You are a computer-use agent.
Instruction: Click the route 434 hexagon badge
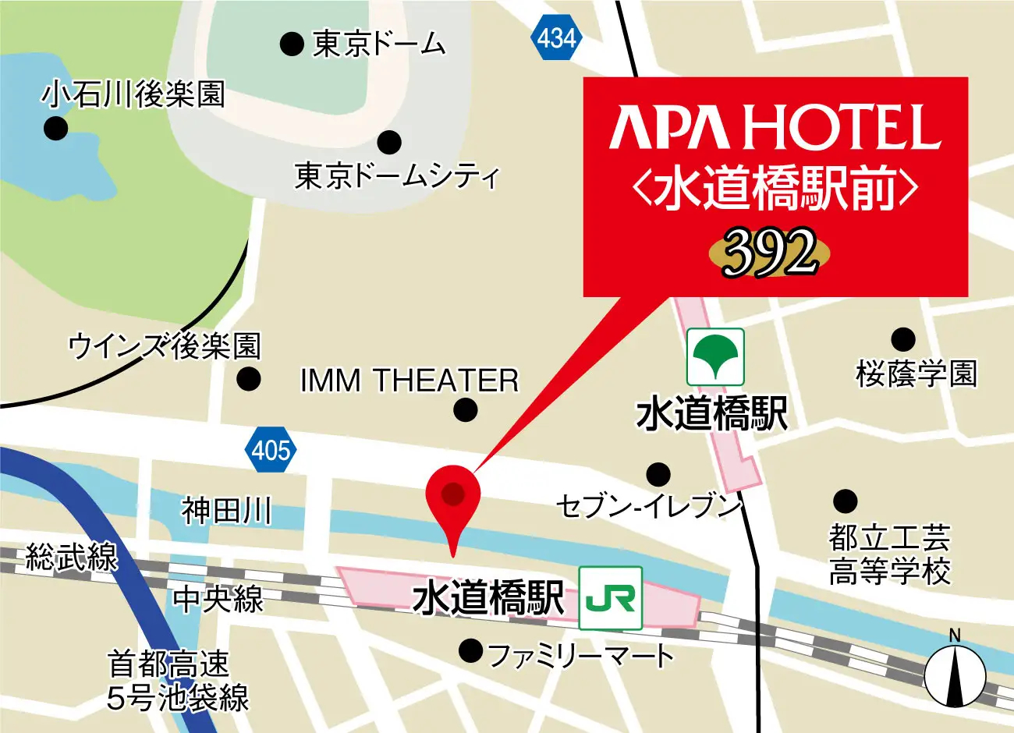point(556,37)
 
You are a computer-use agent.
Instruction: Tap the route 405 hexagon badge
point(271,450)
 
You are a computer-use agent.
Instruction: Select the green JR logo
point(611,598)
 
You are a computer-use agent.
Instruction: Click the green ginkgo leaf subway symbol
point(715,357)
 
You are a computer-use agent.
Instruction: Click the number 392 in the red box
point(769,253)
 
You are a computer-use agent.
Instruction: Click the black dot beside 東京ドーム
point(292,44)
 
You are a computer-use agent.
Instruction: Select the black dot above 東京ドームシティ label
point(389,143)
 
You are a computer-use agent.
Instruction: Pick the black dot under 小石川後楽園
point(55,129)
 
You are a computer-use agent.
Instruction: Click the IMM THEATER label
point(409,381)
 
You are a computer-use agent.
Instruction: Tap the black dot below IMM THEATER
point(466,409)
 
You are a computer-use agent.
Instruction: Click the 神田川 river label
point(226,512)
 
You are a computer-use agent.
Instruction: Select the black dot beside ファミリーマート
point(470,650)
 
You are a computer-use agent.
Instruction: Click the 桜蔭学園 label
point(916,374)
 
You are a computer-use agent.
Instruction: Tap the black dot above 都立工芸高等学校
point(845,501)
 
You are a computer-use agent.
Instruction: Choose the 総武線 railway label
point(72,558)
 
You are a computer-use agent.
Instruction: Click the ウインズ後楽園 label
point(165,346)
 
